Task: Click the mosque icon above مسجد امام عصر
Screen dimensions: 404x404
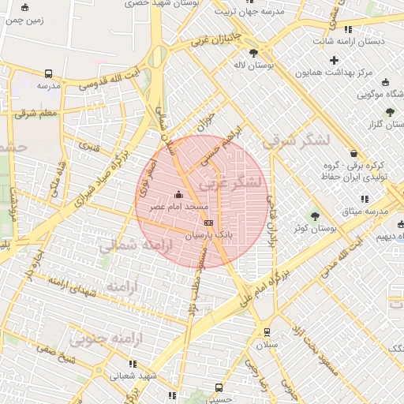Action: click(x=178, y=194)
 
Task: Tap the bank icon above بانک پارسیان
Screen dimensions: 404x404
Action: click(x=208, y=223)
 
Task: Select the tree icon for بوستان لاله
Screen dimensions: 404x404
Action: click(x=252, y=53)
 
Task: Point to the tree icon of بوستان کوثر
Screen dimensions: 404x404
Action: click(x=316, y=215)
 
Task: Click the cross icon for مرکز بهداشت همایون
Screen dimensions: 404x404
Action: click(x=334, y=60)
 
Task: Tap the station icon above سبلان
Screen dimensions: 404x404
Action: click(x=267, y=331)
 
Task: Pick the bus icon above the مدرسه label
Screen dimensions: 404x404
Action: click(x=49, y=73)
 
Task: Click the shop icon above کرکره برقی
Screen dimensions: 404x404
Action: click(x=352, y=153)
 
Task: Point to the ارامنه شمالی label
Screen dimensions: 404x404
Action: click(x=131, y=245)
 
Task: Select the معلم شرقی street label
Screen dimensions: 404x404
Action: click(x=36, y=114)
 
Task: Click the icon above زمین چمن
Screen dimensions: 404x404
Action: click(x=24, y=8)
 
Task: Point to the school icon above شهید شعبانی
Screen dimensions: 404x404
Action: click(x=133, y=364)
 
